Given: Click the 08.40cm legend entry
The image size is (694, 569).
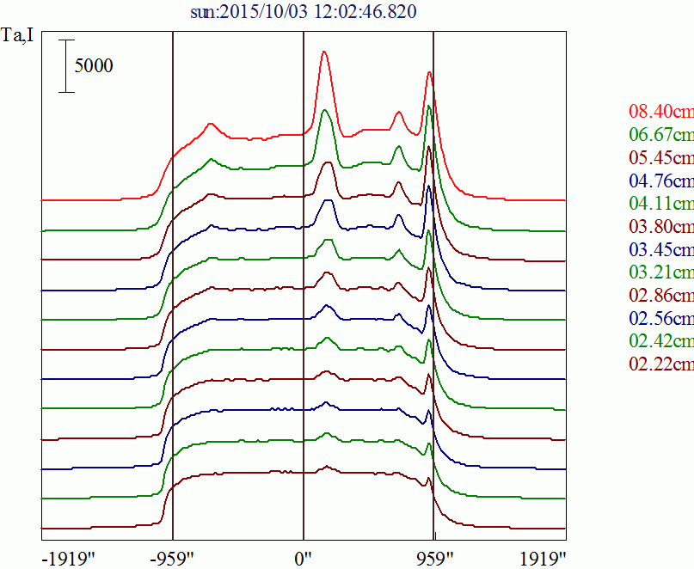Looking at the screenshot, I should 660,112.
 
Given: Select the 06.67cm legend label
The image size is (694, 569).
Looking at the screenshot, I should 660,135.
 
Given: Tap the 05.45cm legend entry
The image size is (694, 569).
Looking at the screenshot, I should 660,158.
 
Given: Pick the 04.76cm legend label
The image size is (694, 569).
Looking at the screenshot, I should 660,181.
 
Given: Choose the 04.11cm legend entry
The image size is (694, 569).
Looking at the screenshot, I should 660,205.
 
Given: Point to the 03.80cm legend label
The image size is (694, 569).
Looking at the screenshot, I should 660,228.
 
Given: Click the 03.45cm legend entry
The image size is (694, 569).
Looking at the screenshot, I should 660,250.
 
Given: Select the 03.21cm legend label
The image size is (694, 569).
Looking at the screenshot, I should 660,273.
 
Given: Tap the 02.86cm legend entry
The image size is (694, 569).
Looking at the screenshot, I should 660,297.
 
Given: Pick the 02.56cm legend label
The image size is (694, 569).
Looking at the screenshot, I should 660,320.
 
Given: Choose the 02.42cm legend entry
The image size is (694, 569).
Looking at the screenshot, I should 660,342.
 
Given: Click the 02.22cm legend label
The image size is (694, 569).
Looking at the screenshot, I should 660,365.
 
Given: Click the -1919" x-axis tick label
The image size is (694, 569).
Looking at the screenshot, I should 68,557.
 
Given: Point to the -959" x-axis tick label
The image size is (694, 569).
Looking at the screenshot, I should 172,557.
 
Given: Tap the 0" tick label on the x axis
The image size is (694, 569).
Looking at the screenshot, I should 303,557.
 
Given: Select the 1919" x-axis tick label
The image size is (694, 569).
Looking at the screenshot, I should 543,557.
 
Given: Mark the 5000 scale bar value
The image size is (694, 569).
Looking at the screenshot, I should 93,66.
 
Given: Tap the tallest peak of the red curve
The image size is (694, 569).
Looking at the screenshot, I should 323,52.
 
